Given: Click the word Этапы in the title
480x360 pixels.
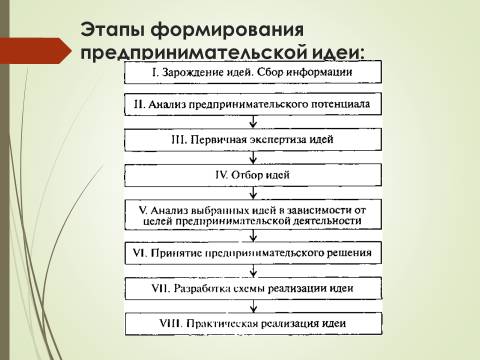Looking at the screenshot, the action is (x=113, y=30).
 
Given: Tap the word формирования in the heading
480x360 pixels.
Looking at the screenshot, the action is (x=227, y=31).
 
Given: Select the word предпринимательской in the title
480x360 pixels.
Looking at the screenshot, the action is (x=193, y=53).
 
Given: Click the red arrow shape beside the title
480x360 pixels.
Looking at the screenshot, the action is (x=35, y=51).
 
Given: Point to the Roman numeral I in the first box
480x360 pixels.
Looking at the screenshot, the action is (x=155, y=72).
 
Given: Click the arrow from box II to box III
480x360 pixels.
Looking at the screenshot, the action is (x=253, y=122).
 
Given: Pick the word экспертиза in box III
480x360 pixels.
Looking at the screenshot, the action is (x=277, y=140).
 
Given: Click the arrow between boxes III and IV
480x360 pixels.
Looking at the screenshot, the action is (x=253, y=157).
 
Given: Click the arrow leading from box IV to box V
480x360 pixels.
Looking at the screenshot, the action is (x=253, y=193).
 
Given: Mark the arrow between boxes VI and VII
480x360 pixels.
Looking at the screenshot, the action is (x=253, y=271).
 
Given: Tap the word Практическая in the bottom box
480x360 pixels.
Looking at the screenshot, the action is (x=222, y=324).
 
